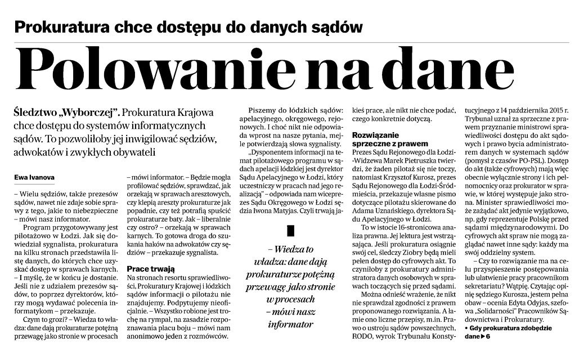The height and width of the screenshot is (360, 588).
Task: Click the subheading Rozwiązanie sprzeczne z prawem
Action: pyautogui.click(x=389, y=139)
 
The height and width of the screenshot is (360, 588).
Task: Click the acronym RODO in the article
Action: pyautogui.click(x=364, y=337)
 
